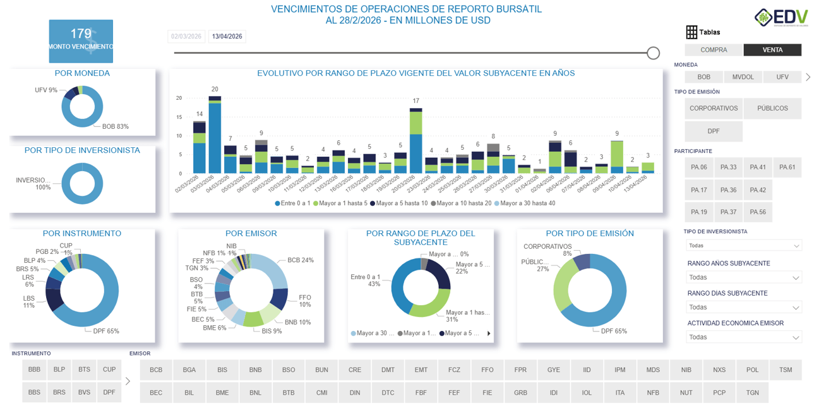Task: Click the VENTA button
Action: [x=772, y=50]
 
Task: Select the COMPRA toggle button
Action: [x=714, y=50]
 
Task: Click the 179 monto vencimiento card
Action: [x=81, y=41]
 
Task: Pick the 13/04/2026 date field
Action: [x=227, y=37]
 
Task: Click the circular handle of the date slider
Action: [x=654, y=53]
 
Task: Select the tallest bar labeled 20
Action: [x=215, y=136]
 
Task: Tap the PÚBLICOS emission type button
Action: [x=772, y=109]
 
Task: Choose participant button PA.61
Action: [x=787, y=167]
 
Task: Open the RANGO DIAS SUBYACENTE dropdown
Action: [x=744, y=308]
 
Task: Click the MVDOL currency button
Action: [x=743, y=77]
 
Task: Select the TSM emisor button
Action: [x=785, y=370]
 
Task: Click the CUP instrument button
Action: [x=109, y=370]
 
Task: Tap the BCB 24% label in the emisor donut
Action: [x=300, y=260]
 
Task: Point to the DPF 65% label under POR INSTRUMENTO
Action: [x=105, y=331]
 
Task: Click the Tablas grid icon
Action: [x=691, y=32]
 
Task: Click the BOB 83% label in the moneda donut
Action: [x=115, y=126]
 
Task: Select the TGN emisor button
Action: [x=752, y=393]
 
